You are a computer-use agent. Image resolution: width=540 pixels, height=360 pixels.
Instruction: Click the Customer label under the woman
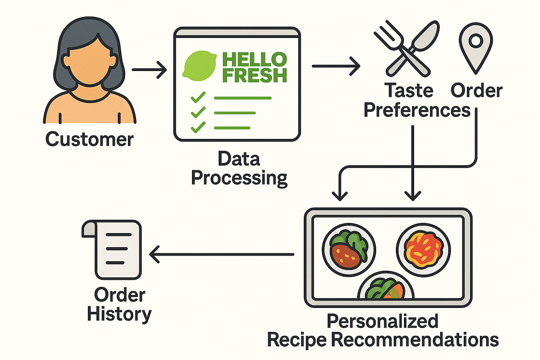click(89, 139)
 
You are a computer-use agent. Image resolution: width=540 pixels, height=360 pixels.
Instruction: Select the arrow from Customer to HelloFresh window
click(149, 70)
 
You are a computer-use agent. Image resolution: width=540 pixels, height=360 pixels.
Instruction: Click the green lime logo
click(199, 66)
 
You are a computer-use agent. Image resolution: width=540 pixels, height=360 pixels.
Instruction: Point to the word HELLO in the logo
click(255, 59)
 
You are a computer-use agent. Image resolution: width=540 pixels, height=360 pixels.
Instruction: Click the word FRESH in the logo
click(255, 75)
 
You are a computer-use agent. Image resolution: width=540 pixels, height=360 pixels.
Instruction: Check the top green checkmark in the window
click(198, 97)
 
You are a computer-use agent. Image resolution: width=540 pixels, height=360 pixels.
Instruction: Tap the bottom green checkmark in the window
click(198, 127)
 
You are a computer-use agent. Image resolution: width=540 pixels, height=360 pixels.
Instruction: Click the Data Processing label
click(239, 168)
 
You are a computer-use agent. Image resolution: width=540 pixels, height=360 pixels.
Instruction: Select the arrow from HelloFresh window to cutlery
click(336, 66)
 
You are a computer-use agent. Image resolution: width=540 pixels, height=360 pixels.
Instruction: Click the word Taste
click(409, 91)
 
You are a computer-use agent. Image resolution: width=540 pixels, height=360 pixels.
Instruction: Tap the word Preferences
click(417, 110)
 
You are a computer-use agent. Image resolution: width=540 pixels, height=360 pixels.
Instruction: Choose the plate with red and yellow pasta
click(423, 250)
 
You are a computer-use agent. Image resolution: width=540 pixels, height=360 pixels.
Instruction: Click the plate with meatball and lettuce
click(349, 250)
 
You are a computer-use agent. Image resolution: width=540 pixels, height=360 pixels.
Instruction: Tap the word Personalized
click(382, 321)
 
